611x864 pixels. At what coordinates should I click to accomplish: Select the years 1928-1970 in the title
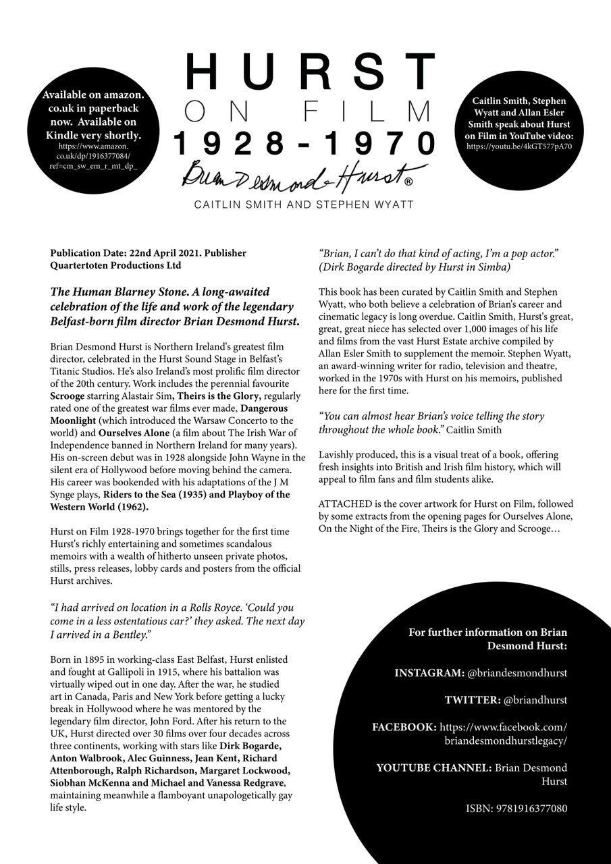coord(305,143)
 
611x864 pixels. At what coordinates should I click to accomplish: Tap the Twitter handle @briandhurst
coord(535,700)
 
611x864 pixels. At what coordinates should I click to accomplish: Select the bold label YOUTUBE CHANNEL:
coord(433,767)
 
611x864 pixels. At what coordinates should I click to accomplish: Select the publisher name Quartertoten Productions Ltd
coord(115,265)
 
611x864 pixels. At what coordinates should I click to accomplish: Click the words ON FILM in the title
coord(307,111)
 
